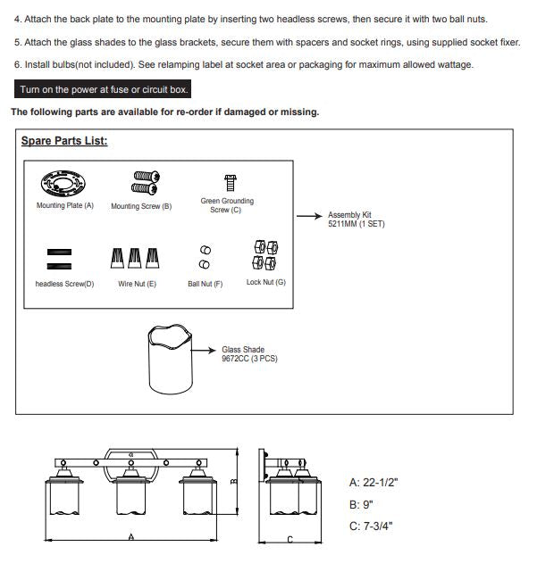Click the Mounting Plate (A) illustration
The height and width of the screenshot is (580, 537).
(63, 184)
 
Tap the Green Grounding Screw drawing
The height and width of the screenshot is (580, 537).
(231, 182)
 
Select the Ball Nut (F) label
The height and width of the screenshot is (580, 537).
(206, 284)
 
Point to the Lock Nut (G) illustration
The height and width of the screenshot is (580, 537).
(265, 255)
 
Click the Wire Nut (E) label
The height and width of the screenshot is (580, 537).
(137, 284)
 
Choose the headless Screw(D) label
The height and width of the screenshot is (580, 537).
(64, 284)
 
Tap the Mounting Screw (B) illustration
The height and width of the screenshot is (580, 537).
(146, 183)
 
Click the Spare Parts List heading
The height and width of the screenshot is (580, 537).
(64, 141)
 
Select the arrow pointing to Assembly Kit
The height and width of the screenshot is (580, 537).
(310, 216)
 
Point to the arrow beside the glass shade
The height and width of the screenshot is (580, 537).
(203, 351)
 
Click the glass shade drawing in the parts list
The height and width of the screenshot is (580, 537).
(170, 359)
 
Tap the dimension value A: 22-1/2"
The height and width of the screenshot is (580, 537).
(373, 483)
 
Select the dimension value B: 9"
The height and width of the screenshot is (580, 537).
(361, 504)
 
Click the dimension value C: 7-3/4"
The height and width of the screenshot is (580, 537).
(371, 526)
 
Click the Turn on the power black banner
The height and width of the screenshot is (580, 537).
(103, 89)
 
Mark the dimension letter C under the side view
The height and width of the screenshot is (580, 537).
(290, 539)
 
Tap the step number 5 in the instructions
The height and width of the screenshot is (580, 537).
(17, 43)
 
